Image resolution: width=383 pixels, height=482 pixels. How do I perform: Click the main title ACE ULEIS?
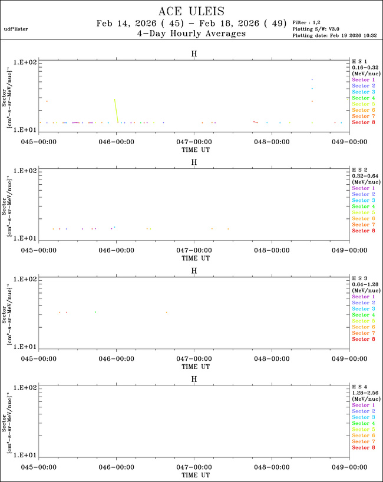click(191, 12)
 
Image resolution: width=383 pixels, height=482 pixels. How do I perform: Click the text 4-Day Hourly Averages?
click(191, 34)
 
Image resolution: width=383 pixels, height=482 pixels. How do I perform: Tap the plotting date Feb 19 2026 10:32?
click(335, 35)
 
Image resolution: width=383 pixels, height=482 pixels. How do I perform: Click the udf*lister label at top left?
click(16, 29)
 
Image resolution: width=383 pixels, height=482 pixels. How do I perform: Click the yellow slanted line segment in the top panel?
click(116, 110)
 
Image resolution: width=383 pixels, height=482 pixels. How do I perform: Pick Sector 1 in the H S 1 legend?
click(363, 79)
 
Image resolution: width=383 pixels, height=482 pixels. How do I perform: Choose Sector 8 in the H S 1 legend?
click(363, 122)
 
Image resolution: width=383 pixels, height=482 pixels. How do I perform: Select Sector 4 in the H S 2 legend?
click(363, 207)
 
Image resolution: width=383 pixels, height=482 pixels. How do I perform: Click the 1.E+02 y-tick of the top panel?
click(26, 62)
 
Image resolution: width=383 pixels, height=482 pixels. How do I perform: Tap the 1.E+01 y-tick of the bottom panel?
click(26, 456)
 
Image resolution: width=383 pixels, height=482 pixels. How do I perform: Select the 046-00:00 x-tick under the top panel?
click(117, 141)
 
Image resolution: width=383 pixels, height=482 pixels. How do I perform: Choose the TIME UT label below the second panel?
click(194, 257)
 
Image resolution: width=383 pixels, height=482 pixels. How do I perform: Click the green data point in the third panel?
click(95, 312)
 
